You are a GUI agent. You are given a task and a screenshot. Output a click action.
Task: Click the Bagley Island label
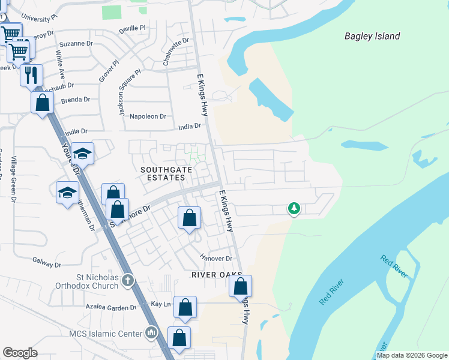tap(372, 36)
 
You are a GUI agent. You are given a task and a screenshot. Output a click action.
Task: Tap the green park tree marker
tap(294, 208)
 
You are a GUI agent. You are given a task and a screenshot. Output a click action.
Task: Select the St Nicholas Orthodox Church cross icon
tap(127, 280)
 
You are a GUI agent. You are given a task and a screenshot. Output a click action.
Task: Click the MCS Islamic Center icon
tap(151, 332)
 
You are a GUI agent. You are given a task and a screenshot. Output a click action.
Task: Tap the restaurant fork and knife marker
tap(31, 76)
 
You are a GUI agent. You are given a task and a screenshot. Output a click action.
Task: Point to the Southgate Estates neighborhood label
tap(162, 174)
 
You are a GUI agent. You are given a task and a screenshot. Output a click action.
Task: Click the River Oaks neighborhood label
tap(217, 275)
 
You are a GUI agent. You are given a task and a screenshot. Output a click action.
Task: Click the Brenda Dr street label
tap(75, 100)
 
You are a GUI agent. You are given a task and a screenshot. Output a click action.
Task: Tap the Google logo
tap(20, 353)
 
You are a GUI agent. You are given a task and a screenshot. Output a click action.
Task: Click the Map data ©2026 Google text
tap(412, 355)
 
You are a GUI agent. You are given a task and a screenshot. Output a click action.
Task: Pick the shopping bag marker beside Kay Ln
tap(185, 307)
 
